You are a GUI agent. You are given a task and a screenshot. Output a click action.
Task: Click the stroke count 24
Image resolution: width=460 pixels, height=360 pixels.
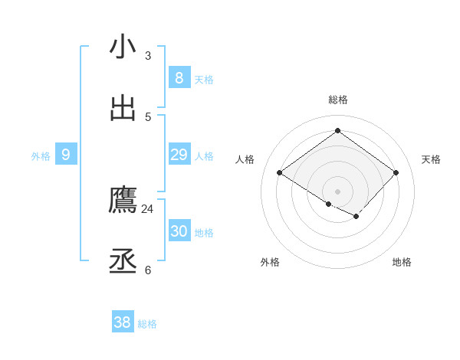147,208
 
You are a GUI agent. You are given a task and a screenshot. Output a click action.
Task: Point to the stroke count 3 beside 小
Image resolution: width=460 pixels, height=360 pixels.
148,55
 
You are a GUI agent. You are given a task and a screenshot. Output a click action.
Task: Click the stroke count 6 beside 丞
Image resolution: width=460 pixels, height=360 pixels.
148,270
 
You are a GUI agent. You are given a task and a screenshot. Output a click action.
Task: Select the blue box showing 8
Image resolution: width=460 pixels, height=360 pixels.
179,77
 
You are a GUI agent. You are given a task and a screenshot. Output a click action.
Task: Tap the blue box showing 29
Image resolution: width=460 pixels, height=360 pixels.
179,155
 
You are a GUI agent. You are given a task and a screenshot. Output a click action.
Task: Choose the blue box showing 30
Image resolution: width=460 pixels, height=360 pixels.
179,231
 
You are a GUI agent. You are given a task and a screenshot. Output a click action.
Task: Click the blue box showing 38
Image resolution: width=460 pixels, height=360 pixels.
123,322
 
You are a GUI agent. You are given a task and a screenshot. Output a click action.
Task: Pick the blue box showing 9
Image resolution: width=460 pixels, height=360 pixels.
66,155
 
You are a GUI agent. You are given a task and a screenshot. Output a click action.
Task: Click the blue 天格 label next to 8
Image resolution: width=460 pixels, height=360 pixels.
204,80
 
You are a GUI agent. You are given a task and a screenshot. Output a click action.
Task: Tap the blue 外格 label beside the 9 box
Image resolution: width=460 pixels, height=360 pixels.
41,156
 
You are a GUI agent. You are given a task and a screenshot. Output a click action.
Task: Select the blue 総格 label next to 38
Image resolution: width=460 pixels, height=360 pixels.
147,324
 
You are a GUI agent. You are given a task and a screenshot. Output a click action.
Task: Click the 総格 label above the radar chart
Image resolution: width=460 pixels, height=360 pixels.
337,100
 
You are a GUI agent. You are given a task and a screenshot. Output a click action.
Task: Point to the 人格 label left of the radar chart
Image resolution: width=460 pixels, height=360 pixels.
245,159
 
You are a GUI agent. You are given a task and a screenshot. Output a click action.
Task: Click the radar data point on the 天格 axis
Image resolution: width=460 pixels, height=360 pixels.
396,172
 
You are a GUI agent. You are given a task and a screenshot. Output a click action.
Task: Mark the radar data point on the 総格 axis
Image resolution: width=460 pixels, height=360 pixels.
337,131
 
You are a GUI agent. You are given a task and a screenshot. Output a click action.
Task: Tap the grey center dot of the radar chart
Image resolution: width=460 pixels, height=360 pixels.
337,191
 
